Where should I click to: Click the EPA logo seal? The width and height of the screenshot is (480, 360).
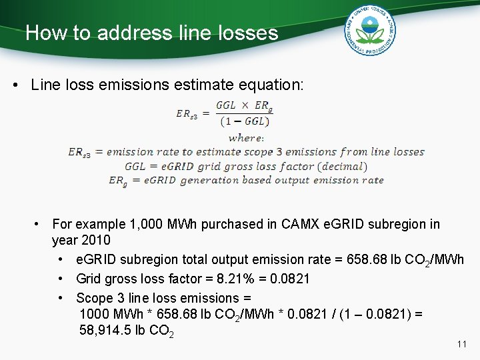tap(370, 31)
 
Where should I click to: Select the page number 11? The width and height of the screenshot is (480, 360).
tap(461, 344)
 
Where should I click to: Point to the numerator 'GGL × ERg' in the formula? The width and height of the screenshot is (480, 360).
tap(244, 107)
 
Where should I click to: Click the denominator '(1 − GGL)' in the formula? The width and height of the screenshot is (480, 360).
tap(244, 121)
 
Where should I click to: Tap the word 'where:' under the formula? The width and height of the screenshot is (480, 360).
tap(246, 138)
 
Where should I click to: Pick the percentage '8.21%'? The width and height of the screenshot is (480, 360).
tap(220, 279)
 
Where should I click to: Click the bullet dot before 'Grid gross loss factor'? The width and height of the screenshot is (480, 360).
tap(61, 279)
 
